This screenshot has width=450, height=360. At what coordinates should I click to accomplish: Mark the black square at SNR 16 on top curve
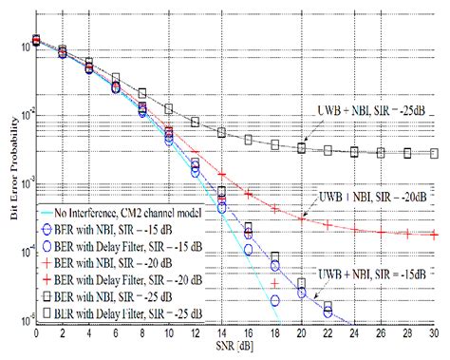(x=249, y=140)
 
